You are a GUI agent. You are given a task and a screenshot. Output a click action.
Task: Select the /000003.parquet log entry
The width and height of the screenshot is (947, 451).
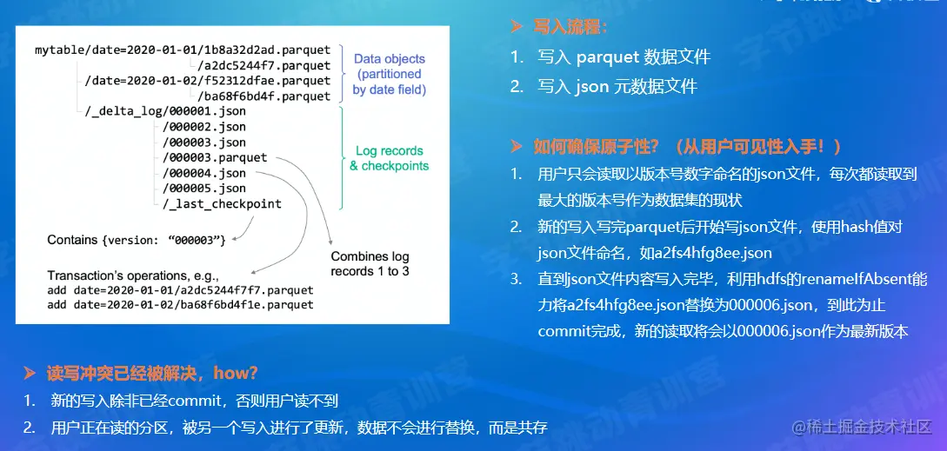click(x=215, y=157)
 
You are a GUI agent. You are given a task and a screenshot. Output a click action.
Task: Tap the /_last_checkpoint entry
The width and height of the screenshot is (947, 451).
click(x=222, y=204)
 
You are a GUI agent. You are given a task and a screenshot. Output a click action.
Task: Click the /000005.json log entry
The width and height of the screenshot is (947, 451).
click(x=203, y=189)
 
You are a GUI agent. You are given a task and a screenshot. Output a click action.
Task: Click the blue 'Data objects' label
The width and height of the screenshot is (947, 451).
click(x=390, y=59)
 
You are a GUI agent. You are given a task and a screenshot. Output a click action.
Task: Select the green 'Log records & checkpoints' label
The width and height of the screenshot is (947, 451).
click(x=390, y=158)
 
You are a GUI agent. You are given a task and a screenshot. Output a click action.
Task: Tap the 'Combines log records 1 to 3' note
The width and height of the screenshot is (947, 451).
click(x=370, y=264)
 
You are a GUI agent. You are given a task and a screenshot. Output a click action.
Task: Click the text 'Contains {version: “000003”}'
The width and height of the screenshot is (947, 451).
click(x=137, y=241)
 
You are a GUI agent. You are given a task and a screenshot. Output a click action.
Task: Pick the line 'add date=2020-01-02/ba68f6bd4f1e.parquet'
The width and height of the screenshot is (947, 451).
click(x=181, y=305)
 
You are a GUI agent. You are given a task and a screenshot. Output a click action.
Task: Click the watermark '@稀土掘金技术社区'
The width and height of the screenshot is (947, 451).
click(x=863, y=428)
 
